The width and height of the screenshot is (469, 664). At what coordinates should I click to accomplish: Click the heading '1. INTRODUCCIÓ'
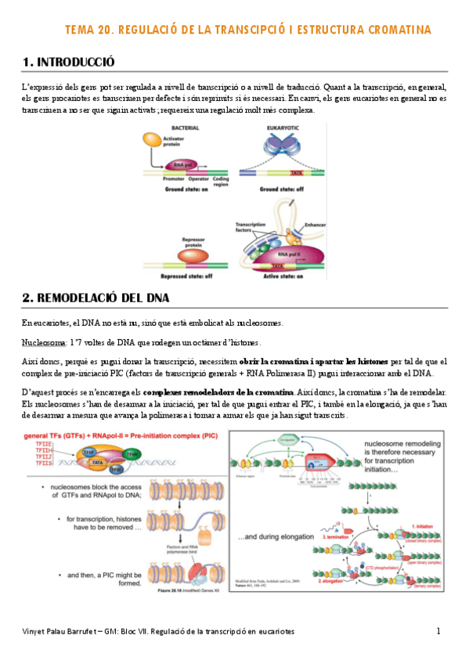69,62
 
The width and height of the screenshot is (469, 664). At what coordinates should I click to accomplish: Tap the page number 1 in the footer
439,631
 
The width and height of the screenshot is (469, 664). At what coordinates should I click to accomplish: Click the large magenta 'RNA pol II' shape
293,254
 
